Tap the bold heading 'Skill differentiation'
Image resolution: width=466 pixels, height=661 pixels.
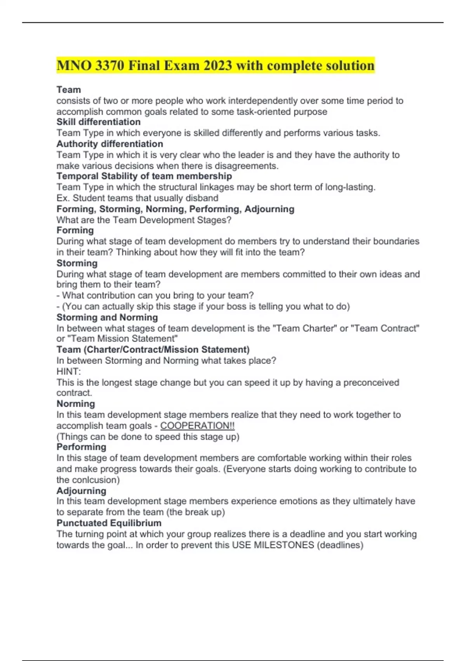pyautogui.click(x=98, y=122)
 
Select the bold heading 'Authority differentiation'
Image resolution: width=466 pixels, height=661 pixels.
pyautogui.click(x=110, y=144)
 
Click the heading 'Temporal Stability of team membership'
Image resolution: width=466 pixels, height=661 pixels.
pyautogui.click(x=144, y=176)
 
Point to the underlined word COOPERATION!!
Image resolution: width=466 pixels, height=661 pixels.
pyautogui.click(x=197, y=426)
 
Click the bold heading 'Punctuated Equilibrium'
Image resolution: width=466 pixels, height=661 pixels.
pyautogui.click(x=109, y=523)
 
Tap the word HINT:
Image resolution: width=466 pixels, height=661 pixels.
pyautogui.click(x=69, y=371)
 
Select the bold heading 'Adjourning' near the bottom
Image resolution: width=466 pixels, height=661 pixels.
pyautogui.click(x=81, y=491)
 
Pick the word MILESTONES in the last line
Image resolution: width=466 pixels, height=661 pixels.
pyautogui.click(x=284, y=545)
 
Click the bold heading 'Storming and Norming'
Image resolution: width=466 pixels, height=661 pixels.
pyautogui.click(x=107, y=317)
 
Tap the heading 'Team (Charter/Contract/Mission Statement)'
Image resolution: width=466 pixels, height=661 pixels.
pyautogui.click(x=153, y=350)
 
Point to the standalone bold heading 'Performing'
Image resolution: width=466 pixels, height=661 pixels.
pyautogui.click(x=81, y=447)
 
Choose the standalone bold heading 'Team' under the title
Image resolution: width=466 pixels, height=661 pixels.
pyautogui.click(x=69, y=90)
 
